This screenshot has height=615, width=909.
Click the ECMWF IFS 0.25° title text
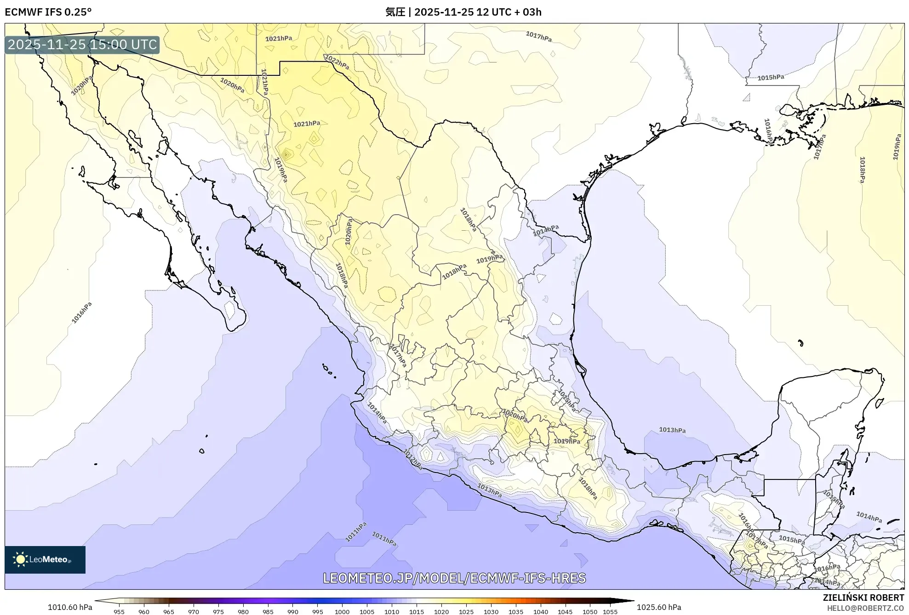click(48, 12)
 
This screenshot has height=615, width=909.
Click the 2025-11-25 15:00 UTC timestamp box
click(82, 45)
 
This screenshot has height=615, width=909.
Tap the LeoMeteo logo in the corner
click(45, 559)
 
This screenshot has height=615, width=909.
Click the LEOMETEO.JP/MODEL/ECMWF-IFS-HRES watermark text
click(454, 578)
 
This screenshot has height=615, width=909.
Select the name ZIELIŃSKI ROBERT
click(863, 598)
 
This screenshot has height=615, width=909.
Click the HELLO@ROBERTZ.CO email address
click(865, 608)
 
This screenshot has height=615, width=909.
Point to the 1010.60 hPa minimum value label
click(70, 607)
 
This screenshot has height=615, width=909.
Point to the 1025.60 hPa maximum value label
click(659, 607)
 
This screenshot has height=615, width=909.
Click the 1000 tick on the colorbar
click(342, 611)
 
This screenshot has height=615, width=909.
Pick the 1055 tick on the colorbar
click(610, 611)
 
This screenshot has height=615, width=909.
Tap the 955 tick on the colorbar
click(119, 611)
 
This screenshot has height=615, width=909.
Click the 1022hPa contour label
click(337, 62)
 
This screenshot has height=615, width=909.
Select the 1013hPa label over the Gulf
click(672, 430)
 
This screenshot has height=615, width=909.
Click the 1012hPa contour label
click(412, 459)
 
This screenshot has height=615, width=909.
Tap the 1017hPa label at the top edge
click(538, 36)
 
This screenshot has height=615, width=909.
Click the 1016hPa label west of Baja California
click(82, 313)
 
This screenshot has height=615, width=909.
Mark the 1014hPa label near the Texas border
click(546, 230)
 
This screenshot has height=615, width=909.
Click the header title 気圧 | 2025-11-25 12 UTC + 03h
click(463, 12)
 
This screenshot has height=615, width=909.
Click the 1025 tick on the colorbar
click(466, 611)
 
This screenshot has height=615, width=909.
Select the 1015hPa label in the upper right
click(771, 77)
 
